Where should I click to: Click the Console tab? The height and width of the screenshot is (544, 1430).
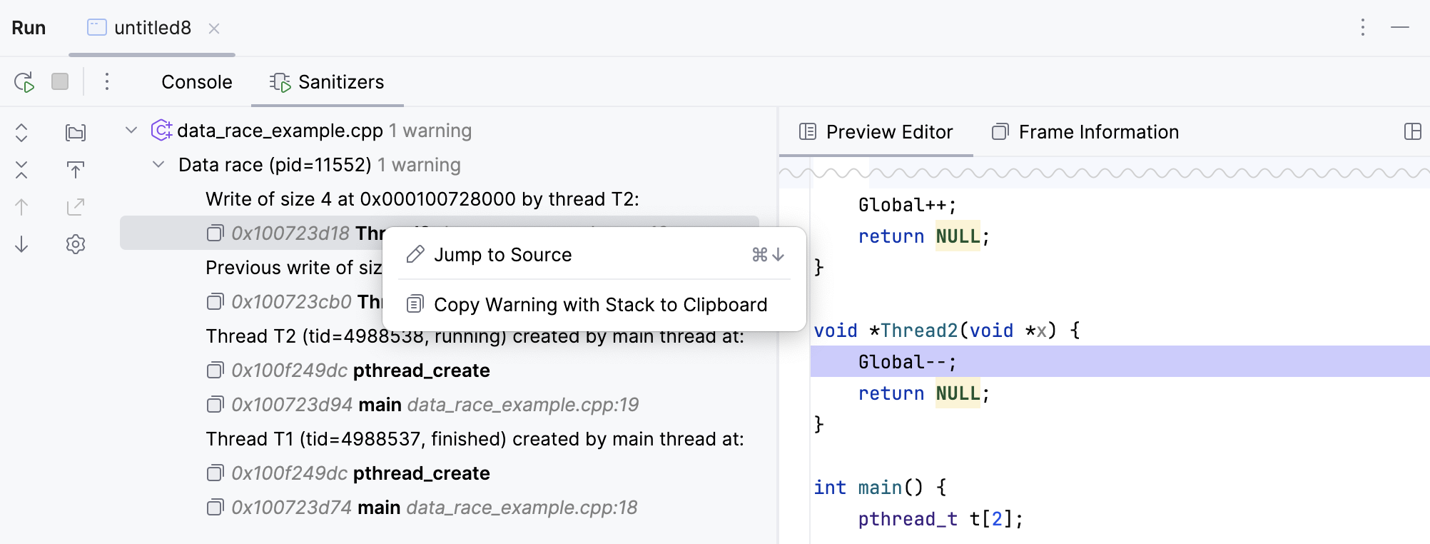(x=196, y=82)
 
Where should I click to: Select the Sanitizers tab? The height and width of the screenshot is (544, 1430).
(x=328, y=82)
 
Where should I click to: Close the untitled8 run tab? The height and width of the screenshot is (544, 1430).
(x=214, y=29)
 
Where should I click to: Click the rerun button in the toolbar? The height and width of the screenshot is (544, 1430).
(x=24, y=82)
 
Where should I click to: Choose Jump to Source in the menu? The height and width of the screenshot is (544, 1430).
(x=502, y=255)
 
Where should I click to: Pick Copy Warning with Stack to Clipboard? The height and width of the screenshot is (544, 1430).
(x=599, y=305)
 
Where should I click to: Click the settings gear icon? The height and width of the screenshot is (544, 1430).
(x=76, y=244)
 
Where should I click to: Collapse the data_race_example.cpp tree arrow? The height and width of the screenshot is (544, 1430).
(x=131, y=130)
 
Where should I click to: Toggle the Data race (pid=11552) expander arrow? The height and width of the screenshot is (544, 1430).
(x=158, y=164)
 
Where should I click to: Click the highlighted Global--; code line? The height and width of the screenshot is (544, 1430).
(x=907, y=362)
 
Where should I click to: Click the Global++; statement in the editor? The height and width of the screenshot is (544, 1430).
(x=907, y=206)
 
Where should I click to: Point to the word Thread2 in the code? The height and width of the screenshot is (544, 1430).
(x=919, y=331)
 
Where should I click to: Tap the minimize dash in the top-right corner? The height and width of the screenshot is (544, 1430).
(x=1400, y=27)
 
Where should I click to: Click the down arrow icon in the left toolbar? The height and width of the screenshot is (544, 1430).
(x=21, y=244)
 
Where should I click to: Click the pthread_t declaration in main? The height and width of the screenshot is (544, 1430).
(x=940, y=519)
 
